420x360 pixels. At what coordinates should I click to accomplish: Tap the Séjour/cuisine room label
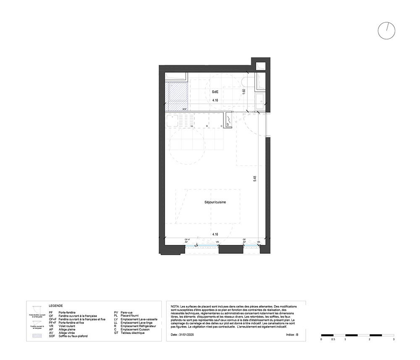click(215, 202)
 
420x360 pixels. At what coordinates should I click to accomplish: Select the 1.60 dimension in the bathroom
click(244, 92)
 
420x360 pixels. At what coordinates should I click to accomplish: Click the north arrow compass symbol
click(386, 31)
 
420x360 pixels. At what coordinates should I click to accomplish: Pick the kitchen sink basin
click(172, 121)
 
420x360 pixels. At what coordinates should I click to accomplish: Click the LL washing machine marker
click(192, 126)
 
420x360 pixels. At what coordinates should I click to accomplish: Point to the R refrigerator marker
click(207, 126)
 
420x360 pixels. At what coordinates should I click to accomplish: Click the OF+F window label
click(187, 239)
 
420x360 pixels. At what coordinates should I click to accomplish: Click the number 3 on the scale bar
click(394, 339)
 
